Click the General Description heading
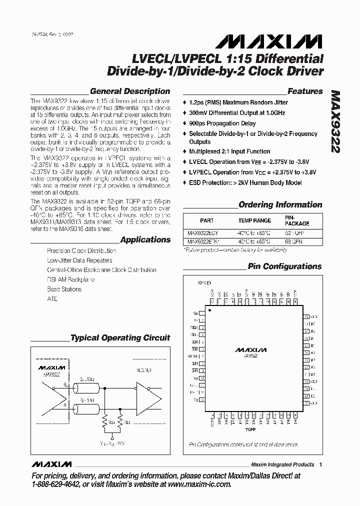129,91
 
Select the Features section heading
305,91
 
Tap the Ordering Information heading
280,204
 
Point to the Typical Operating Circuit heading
120,338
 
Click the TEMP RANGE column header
254,220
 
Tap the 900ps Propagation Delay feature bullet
222,123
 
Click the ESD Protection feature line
245,182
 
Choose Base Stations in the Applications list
64,289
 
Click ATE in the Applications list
52,298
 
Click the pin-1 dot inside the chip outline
210,311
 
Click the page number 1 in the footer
320,464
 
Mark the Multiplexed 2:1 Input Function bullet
229,151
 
